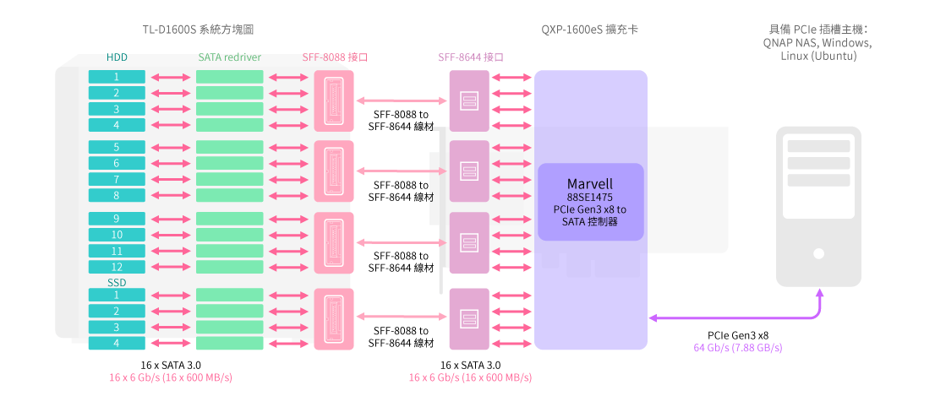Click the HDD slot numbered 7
117,180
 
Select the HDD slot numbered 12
117,267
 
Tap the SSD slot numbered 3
117,327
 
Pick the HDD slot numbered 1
117,77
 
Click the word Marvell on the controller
590,184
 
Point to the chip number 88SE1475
590,197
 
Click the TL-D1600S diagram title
198,30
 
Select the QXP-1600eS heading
589,30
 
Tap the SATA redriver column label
229,58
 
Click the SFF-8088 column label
335,58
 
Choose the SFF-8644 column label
471,58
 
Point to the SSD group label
117,282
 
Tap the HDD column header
117,58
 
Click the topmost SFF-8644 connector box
469,100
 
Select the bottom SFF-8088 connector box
333,317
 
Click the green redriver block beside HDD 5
229,147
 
